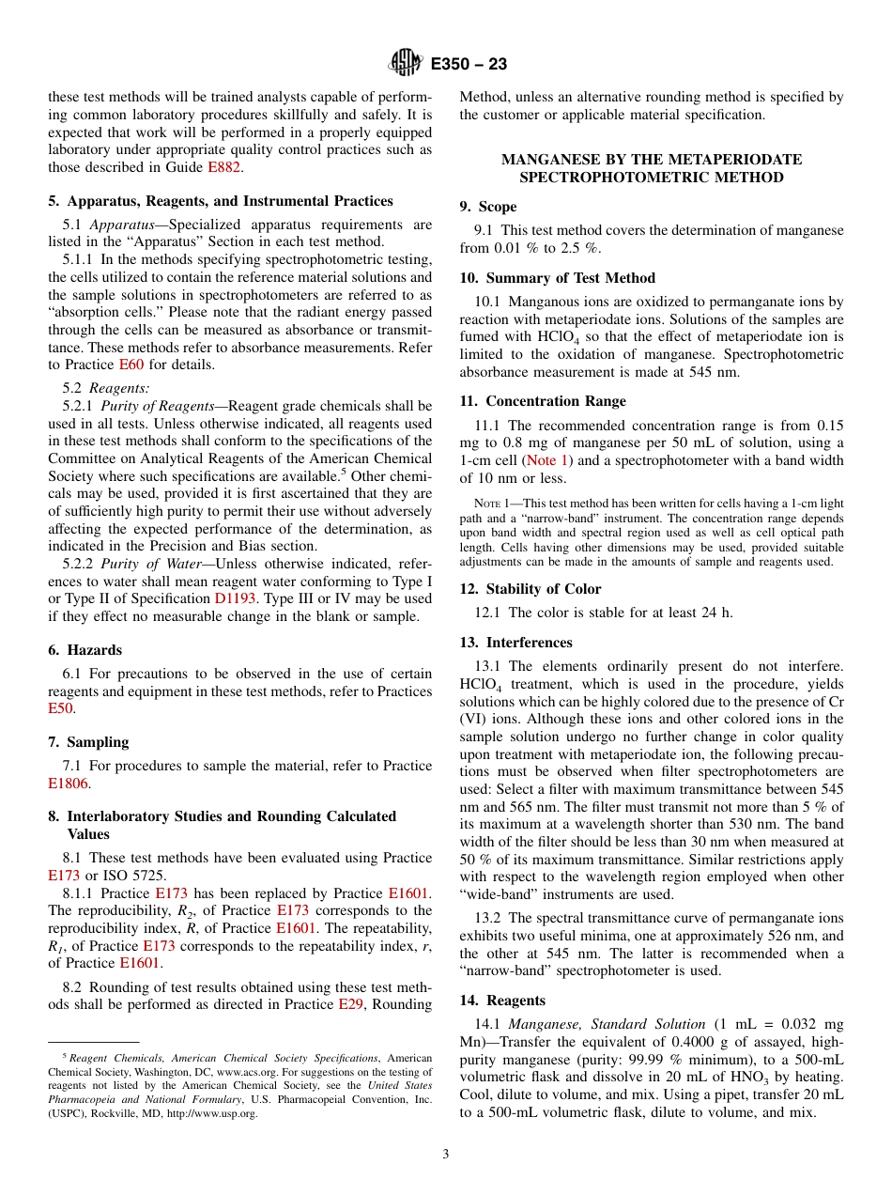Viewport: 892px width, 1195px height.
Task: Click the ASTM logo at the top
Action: tap(407, 64)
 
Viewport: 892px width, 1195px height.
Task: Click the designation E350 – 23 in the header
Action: tap(469, 64)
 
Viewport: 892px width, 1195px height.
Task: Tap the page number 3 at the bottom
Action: tap(446, 1155)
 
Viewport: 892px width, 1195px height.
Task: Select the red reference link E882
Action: tap(223, 167)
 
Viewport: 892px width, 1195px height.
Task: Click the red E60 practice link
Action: tap(133, 365)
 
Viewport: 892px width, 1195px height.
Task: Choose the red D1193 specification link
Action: tap(234, 598)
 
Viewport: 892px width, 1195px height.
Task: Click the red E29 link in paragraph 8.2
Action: tap(351, 1003)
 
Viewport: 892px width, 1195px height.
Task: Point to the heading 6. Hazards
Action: tap(85, 650)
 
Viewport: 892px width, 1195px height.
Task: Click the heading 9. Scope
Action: tap(488, 207)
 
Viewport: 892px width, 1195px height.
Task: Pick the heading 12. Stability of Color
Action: tap(531, 589)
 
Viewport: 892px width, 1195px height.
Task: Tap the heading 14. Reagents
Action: tap(502, 1001)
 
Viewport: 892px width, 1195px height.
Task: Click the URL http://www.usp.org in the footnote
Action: tap(211, 1113)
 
